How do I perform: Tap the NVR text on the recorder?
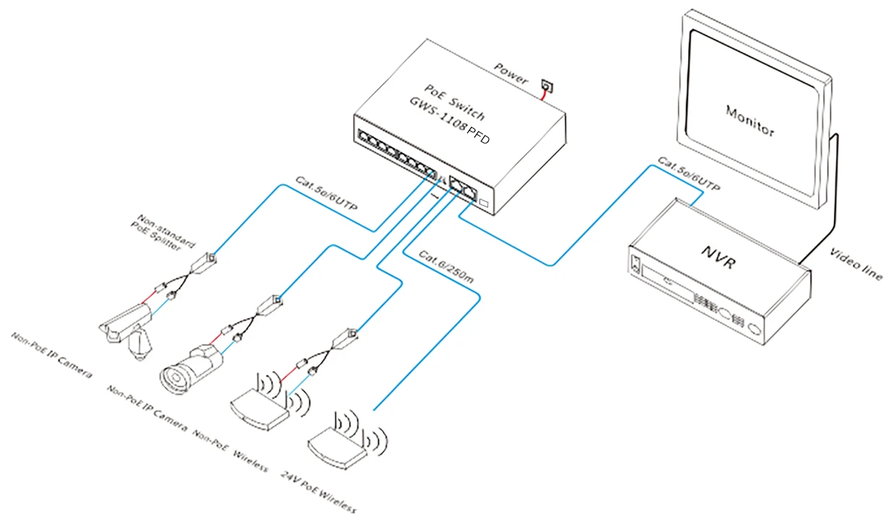pyautogui.click(x=718, y=257)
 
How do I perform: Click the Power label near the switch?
pyautogui.click(x=511, y=73)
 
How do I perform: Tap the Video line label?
pyautogui.click(x=856, y=264)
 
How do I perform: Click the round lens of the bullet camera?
pyautogui.click(x=172, y=377)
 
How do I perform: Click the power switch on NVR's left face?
pyautogui.click(x=635, y=263)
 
